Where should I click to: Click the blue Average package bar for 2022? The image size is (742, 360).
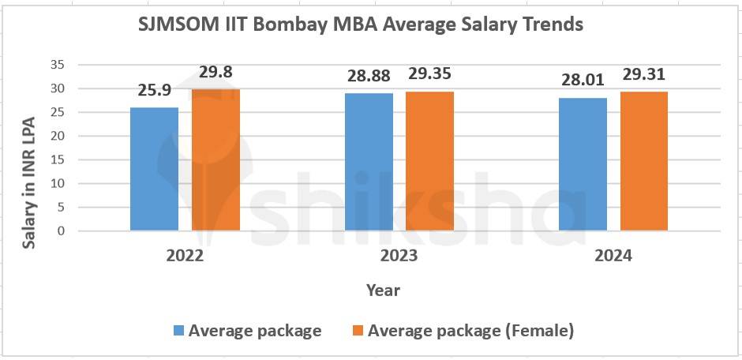click(155, 169)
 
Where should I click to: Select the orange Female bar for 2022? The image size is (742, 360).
click(215, 160)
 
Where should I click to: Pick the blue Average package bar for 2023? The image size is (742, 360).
click(369, 162)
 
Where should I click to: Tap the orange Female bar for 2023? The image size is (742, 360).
click(430, 161)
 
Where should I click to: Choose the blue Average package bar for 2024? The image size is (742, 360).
click(583, 164)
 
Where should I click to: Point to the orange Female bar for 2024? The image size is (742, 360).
click(643, 161)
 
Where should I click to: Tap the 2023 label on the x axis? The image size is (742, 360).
click(399, 256)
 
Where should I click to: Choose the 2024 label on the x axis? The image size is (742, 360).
click(613, 256)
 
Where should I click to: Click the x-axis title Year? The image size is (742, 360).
click(383, 290)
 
